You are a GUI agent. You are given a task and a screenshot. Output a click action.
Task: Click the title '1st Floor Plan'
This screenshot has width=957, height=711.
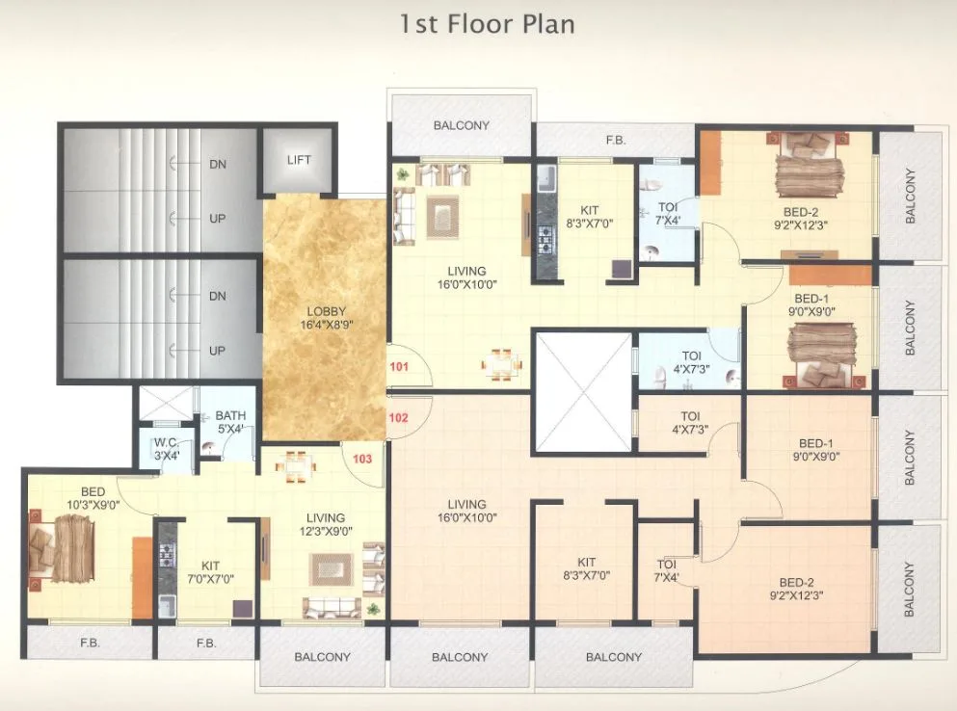click(x=487, y=23)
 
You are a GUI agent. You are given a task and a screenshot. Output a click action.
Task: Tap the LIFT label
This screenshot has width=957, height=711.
click(x=299, y=159)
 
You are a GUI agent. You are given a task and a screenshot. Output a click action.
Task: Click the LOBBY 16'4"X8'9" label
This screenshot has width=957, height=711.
click(x=326, y=319)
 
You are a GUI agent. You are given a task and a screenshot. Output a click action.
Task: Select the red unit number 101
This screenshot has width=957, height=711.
click(x=399, y=367)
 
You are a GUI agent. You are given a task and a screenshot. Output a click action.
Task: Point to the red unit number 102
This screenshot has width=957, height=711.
click(x=399, y=418)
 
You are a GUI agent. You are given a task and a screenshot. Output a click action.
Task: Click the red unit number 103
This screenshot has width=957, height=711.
click(x=362, y=459)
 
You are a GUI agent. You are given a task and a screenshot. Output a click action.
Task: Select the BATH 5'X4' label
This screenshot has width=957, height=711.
click(x=230, y=423)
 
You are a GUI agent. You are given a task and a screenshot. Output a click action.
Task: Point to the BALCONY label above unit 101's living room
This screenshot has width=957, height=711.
click(x=461, y=125)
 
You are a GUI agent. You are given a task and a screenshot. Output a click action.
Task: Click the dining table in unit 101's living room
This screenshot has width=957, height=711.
click(x=502, y=362)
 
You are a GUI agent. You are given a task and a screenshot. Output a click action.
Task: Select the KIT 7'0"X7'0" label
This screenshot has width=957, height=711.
click(x=210, y=572)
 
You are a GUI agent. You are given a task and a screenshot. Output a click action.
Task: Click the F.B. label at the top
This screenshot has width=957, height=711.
click(x=615, y=141)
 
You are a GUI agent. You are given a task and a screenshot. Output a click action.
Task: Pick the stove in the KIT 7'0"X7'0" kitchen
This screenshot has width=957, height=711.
click(x=168, y=553)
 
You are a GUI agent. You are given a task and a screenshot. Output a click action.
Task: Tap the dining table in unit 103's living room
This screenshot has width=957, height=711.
click(x=294, y=465)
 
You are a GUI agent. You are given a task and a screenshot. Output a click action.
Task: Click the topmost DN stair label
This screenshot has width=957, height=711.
click(x=218, y=164)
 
